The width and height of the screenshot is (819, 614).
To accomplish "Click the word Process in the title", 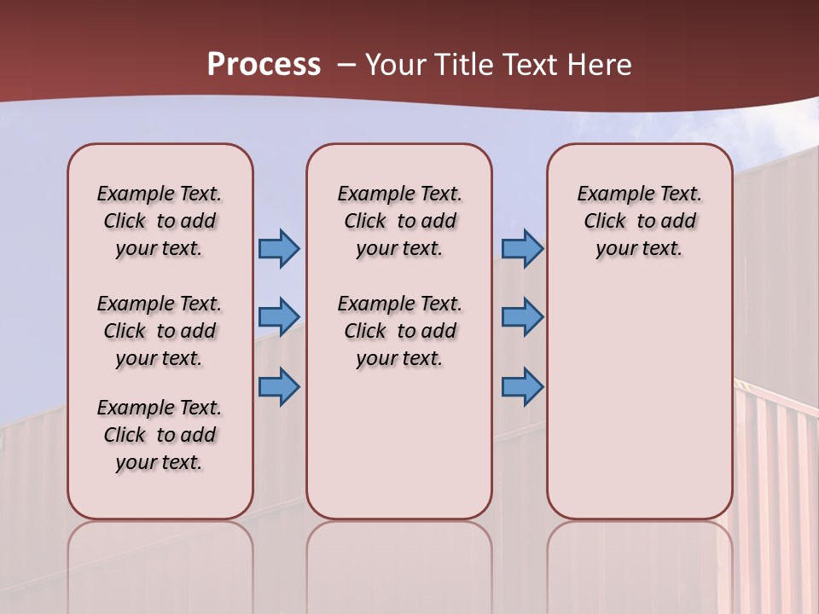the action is click(264, 65).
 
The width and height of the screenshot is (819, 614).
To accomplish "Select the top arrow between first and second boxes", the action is click(279, 248).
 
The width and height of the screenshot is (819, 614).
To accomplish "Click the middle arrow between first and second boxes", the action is click(279, 316).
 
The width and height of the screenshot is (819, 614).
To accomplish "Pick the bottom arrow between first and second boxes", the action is click(279, 386).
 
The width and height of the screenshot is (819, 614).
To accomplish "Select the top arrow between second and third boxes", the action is click(522, 248).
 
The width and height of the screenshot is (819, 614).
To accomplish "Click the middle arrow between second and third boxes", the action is click(522, 316).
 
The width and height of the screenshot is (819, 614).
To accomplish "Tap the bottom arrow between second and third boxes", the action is click(522, 386).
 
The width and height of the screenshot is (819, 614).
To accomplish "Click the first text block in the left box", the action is click(160, 221).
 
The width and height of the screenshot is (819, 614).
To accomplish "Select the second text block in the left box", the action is click(160, 331).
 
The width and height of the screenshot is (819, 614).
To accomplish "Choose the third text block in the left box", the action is click(160, 435).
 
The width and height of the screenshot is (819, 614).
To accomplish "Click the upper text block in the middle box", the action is click(399, 221).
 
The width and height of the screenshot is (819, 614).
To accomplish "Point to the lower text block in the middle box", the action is click(399, 331).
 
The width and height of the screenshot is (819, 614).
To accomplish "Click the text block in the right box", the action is click(640, 221).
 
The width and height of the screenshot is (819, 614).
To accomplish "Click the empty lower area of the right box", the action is click(640, 401).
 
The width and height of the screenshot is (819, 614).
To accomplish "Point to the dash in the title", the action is click(346, 65).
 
